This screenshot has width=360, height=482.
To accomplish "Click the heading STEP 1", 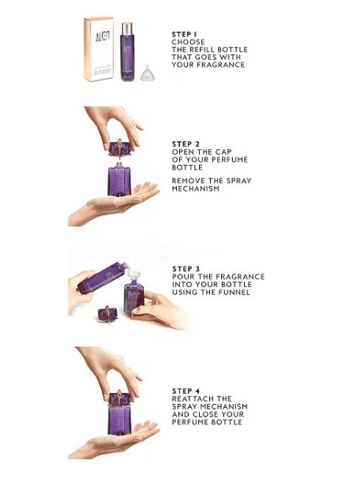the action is tap(184, 35).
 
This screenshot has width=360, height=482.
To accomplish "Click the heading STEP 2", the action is tap(186, 144).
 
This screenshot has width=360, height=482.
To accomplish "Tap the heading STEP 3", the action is tap(186, 269).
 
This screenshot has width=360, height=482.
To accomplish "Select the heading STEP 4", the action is tap(186, 390).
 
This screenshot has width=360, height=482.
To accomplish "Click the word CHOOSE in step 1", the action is tap(188, 42).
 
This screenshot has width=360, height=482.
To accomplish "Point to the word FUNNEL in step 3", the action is tap(234, 292).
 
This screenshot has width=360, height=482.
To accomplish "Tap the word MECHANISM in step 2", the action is tap(196, 189).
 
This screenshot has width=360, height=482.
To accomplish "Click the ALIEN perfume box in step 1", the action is tap(99, 49).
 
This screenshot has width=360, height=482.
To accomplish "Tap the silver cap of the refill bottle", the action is tap(127, 28).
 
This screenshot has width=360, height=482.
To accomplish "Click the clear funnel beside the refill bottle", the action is tap(147, 74).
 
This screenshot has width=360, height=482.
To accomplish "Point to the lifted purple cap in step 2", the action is tap(119, 148).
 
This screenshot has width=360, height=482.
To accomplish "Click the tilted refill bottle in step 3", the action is tap(103, 277).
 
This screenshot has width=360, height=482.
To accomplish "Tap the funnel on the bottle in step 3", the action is tap(134, 277).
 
